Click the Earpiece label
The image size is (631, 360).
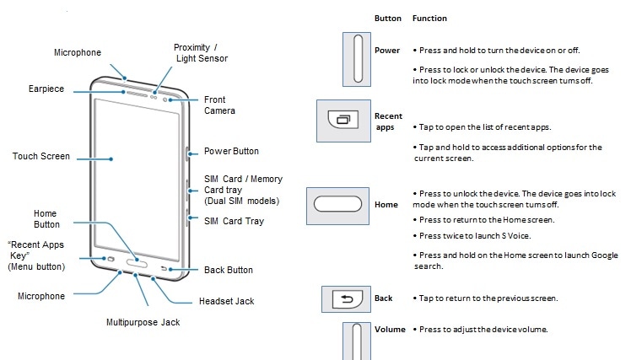click(x=46, y=89)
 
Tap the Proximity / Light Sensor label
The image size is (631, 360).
click(x=201, y=53)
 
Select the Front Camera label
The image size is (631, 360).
click(x=219, y=105)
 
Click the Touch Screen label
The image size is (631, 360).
click(x=41, y=156)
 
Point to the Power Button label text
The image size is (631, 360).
click(x=231, y=151)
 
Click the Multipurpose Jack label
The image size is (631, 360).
click(x=143, y=322)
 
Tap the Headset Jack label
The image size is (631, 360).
click(x=227, y=301)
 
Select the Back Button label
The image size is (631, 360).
click(x=229, y=270)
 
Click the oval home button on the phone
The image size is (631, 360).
click(x=137, y=263)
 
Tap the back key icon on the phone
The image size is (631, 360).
click(x=164, y=268)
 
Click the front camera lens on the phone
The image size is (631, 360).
click(x=164, y=99)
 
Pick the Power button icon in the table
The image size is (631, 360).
click(x=357, y=59)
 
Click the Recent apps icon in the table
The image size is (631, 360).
click(x=343, y=121)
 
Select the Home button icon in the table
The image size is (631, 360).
click(x=337, y=206)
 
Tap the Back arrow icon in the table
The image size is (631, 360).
click(x=346, y=298)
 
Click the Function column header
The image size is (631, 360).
click(x=429, y=18)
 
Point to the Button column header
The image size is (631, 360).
click(x=388, y=18)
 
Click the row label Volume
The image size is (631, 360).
click(x=390, y=330)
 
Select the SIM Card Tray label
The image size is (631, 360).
click(x=234, y=221)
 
